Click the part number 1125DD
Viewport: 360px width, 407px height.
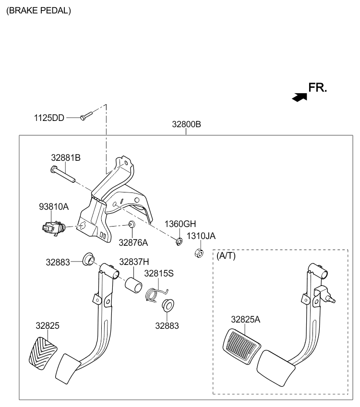[x=49, y=118]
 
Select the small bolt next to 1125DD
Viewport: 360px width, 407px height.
[x=86, y=116]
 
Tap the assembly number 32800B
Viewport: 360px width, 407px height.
[x=186, y=124]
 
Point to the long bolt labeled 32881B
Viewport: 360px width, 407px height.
[x=63, y=174]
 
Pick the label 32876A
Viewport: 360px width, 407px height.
[x=133, y=243]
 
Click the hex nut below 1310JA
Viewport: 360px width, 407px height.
[x=199, y=253]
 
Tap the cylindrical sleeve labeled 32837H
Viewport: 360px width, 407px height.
[x=133, y=284]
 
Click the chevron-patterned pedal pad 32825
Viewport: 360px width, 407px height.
[x=43, y=353]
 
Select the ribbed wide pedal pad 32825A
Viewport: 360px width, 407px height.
[x=241, y=346]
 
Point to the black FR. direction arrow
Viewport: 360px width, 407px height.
[x=300, y=97]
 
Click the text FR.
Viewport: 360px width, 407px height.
[x=317, y=87]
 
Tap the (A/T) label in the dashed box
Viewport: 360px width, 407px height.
[x=226, y=256]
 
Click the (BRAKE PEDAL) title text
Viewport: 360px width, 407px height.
[x=38, y=11]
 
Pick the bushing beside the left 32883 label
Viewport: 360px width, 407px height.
[x=88, y=259]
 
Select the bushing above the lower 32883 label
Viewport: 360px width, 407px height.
[x=168, y=306]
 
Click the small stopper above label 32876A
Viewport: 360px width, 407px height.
[x=132, y=224]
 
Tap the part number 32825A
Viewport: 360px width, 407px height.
[x=246, y=319]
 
